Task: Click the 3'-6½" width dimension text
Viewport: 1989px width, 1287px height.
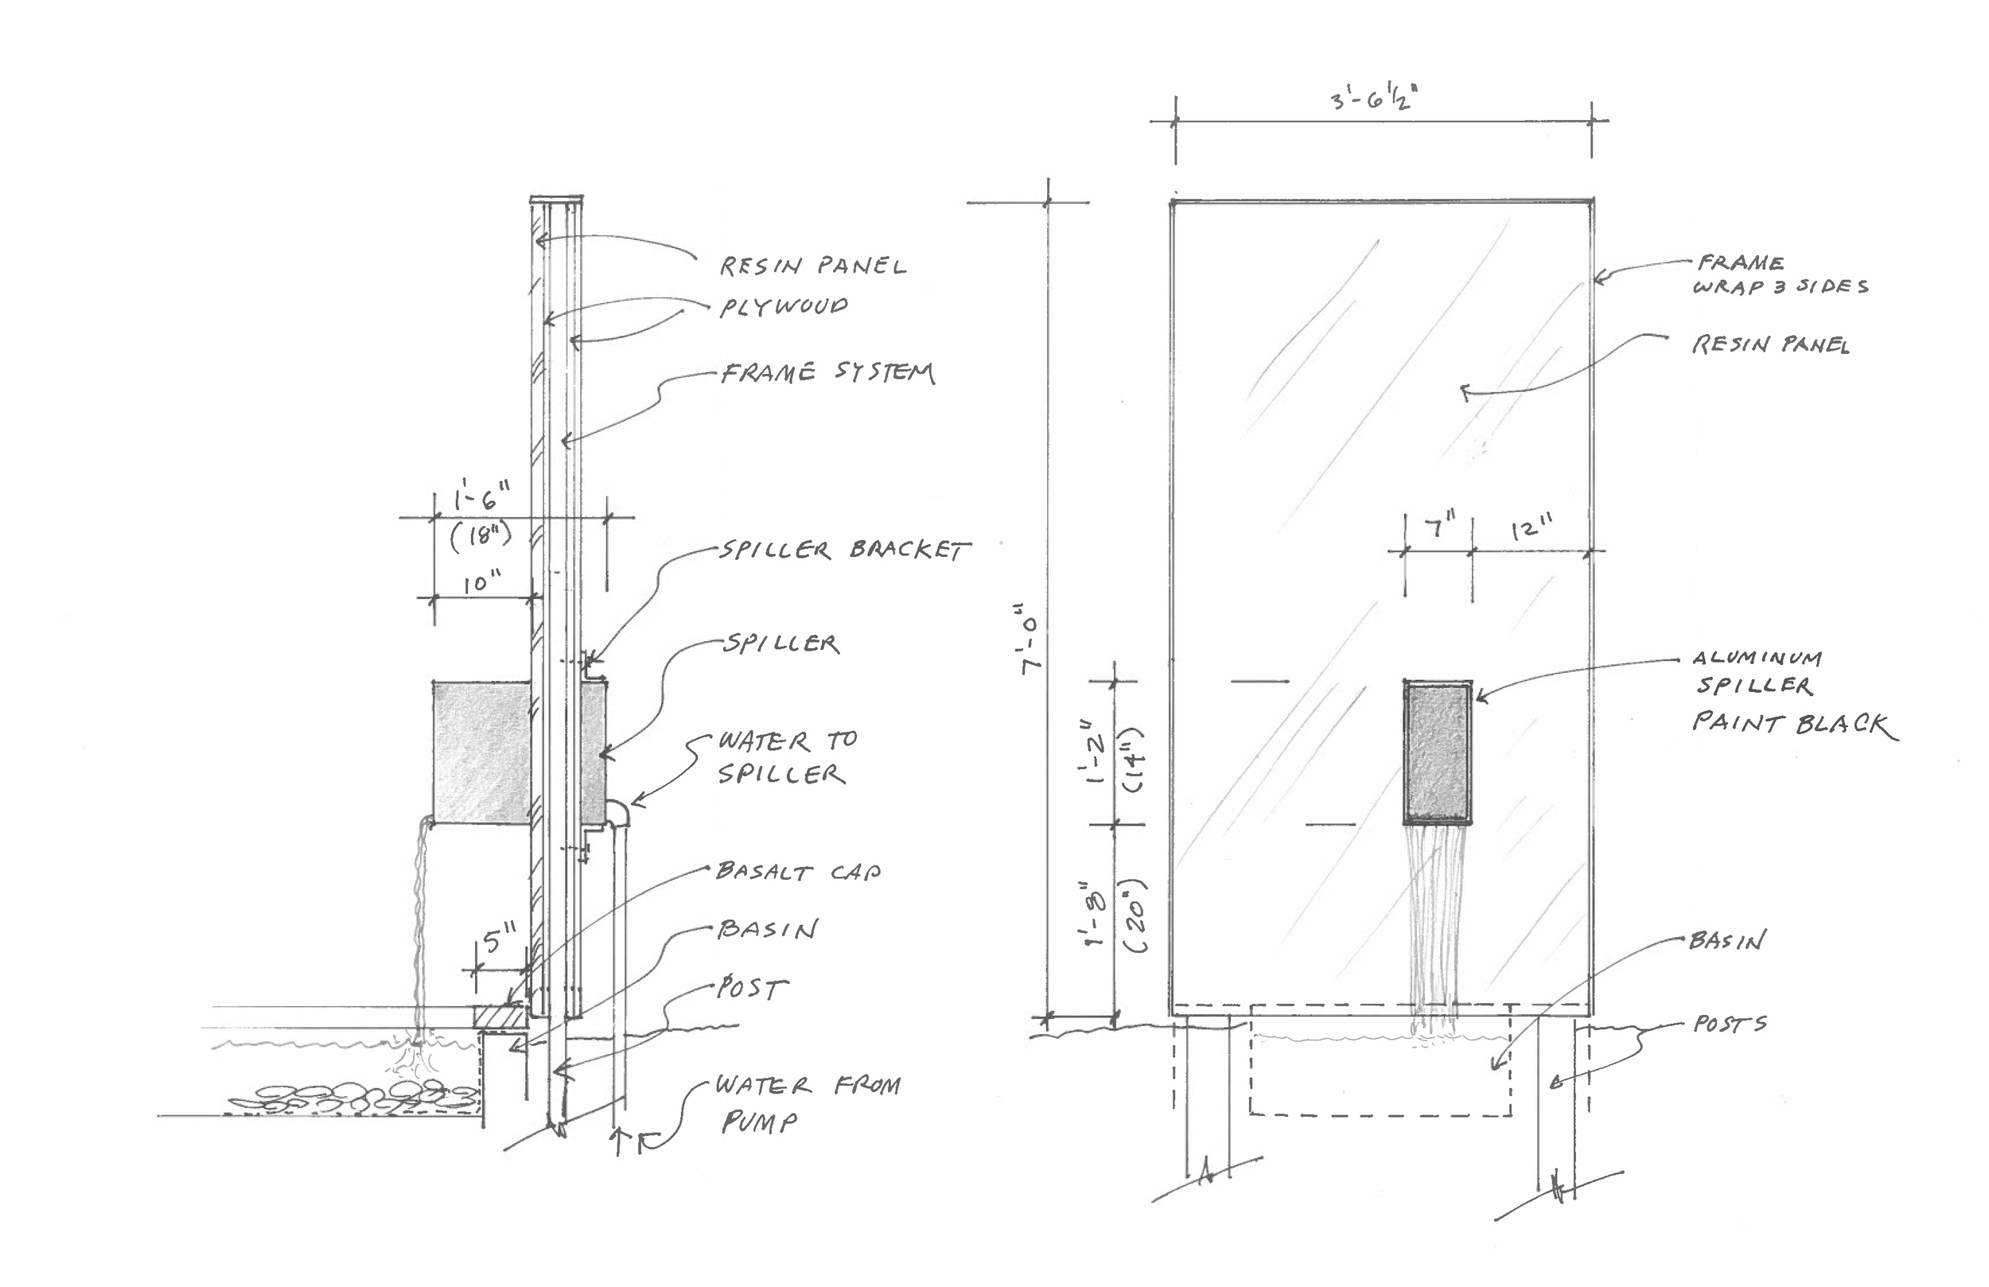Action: [1374, 99]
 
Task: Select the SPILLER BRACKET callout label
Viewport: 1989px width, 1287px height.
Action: [845, 549]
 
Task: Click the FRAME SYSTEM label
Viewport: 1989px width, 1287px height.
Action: [827, 372]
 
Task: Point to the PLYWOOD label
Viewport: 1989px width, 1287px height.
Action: [784, 306]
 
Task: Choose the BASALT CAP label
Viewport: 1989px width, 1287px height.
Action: [798, 872]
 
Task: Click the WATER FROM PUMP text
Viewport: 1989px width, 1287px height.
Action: [808, 1103]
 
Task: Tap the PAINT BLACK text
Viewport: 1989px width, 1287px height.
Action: [1795, 724]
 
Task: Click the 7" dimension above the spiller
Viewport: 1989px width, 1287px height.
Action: [1440, 527]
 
